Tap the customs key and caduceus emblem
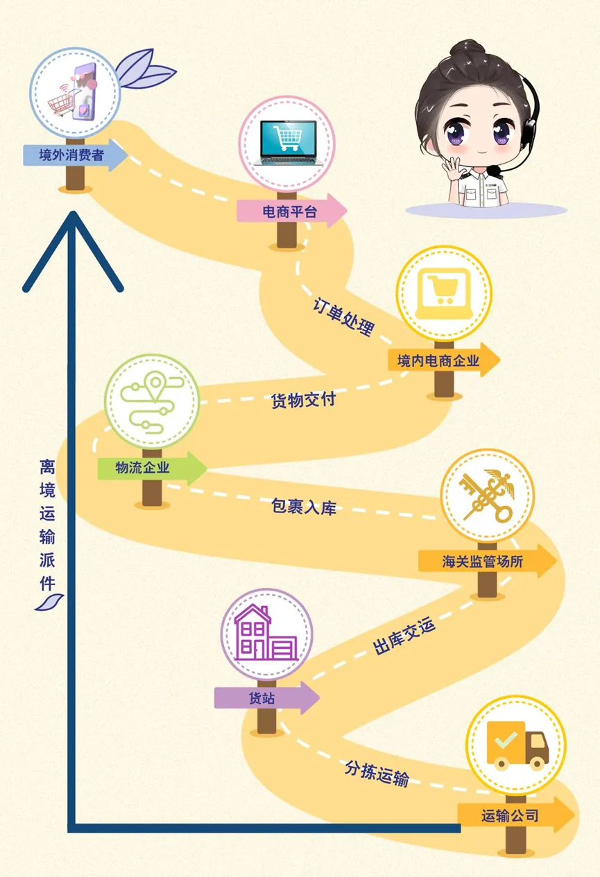tap(487, 496)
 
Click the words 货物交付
tap(303, 400)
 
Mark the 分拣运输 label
tap(377, 772)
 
